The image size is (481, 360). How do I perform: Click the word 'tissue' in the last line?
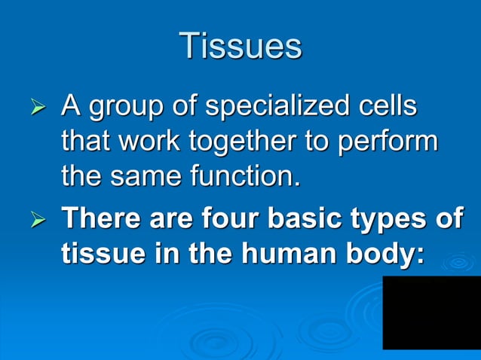tap(96, 254)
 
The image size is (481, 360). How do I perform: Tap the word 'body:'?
tap(385, 255)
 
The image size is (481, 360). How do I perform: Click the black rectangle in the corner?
tap(431, 312)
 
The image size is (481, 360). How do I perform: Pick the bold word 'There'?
tap(102, 218)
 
